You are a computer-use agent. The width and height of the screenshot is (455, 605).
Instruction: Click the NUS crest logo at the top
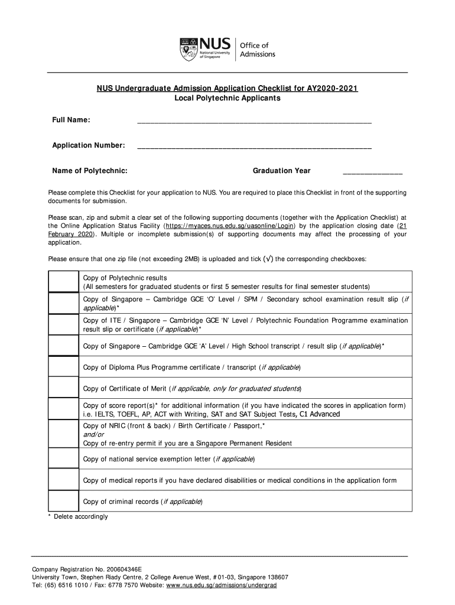tap(188, 48)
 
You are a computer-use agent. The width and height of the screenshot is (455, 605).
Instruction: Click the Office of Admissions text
tap(257, 50)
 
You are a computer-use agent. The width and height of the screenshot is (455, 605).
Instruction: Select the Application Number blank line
tap(254, 146)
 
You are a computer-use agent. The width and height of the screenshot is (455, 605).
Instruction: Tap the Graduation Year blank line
tap(372, 172)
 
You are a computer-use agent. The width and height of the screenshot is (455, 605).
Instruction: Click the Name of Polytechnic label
tap(90, 171)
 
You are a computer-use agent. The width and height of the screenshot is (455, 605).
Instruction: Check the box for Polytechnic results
tap(63, 282)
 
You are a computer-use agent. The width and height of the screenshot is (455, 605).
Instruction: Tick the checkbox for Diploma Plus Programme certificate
tap(63, 367)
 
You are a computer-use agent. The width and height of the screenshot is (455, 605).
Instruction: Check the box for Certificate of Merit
tap(63, 388)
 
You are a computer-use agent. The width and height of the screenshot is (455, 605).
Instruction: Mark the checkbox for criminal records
tap(63, 501)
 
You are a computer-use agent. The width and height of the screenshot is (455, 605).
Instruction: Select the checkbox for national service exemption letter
tap(63, 458)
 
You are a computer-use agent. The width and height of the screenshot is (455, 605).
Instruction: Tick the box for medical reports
tap(63, 480)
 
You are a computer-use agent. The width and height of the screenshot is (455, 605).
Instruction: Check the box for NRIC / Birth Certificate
tap(63, 434)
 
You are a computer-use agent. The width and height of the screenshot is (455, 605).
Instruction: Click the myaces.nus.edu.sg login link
tap(231, 226)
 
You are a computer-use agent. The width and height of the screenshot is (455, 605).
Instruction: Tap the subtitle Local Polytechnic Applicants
tap(227, 99)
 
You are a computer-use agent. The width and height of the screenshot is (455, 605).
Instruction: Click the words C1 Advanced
tap(320, 414)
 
